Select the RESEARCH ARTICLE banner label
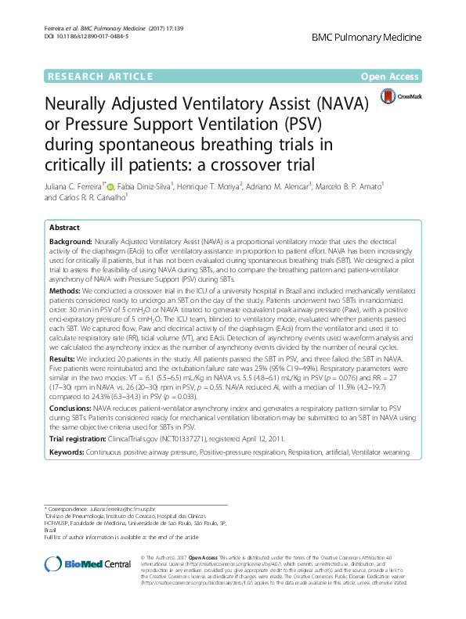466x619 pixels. click(99, 76)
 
